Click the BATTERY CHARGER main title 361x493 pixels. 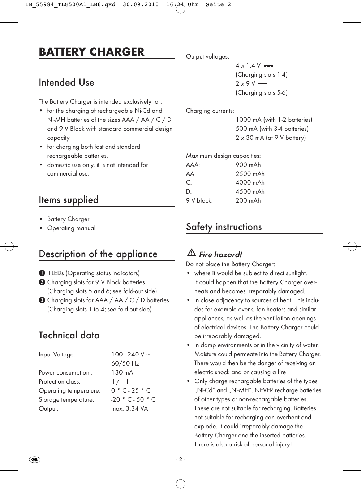pos(91,52)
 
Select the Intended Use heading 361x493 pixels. pos(66,83)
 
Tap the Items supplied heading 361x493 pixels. pos(69,200)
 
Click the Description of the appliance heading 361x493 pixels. pos(98,254)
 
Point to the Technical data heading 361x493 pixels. pos(69,336)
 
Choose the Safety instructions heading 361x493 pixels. pos(224,227)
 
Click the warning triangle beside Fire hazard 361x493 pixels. pos(192,254)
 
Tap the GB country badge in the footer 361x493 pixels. pos(35,460)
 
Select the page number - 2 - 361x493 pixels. pos(180,460)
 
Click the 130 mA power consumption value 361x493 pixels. pos(122,373)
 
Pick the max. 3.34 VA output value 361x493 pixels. pos(129,409)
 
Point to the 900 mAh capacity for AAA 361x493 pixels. pos(248,165)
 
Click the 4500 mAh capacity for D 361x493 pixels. pos(250,192)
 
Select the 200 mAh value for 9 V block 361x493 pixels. pos(248,201)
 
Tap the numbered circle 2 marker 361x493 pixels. pos(42,282)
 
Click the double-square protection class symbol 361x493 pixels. pos(125,381)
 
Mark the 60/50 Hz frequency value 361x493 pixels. pos(125,364)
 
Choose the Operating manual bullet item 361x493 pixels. pos(71,228)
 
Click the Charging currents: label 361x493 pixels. pos(210,111)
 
